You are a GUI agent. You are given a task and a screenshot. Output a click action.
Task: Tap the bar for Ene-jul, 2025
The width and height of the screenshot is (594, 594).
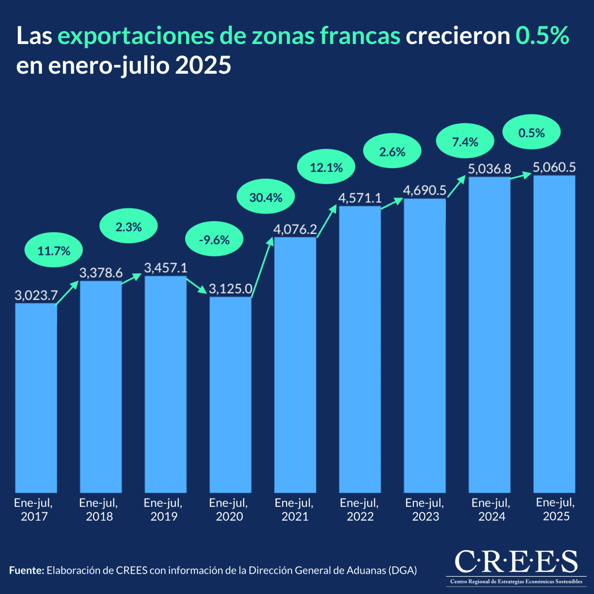click(x=554, y=334)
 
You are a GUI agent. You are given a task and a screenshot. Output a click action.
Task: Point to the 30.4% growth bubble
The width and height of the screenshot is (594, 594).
click(x=266, y=198)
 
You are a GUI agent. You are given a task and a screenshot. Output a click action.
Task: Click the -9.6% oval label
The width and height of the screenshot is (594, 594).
click(x=214, y=240)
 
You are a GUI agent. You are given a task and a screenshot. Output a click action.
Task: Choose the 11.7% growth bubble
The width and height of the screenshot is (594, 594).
click(x=54, y=251)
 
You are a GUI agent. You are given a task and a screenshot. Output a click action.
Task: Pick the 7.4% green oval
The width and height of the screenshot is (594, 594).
click(x=465, y=143)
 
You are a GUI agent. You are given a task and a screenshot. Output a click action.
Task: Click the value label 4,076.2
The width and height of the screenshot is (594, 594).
click(x=295, y=230)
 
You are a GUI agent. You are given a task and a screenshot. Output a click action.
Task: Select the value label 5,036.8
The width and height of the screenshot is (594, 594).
click(x=490, y=169)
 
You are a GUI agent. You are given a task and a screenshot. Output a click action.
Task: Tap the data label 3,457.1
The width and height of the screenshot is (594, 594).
click(x=165, y=268)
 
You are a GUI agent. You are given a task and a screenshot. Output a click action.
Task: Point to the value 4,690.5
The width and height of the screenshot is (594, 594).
click(x=425, y=191)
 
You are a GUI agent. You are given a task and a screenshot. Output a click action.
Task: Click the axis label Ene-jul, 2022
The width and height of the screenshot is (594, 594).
click(x=359, y=510)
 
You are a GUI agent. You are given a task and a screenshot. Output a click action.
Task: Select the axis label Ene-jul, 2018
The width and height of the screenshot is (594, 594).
click(x=99, y=510)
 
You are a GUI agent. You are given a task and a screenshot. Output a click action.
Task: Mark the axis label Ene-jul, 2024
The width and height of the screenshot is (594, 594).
click(x=491, y=510)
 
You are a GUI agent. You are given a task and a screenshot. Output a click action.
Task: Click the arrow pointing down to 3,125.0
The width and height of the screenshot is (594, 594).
click(x=197, y=286)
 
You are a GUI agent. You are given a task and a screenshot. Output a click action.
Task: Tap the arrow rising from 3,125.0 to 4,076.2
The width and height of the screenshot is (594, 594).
click(x=263, y=267)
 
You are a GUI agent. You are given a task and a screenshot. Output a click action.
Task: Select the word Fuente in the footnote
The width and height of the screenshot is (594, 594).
click(x=26, y=570)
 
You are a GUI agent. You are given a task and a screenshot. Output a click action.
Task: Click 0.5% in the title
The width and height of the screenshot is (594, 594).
click(x=543, y=36)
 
